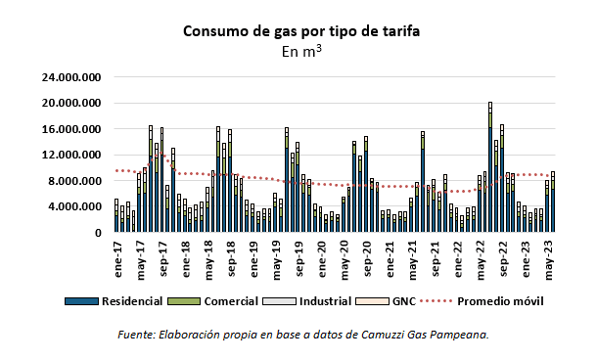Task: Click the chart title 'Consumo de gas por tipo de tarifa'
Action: [301, 30]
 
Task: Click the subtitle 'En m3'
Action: [301, 51]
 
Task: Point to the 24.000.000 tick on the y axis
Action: [69, 77]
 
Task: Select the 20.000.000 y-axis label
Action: [69, 104]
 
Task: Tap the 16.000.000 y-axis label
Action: [69, 129]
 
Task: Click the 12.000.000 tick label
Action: [69, 156]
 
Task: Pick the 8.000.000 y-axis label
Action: [73, 181]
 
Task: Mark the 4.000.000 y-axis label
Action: [73, 207]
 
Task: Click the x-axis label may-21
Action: [415, 256]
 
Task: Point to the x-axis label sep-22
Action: [507, 255]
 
